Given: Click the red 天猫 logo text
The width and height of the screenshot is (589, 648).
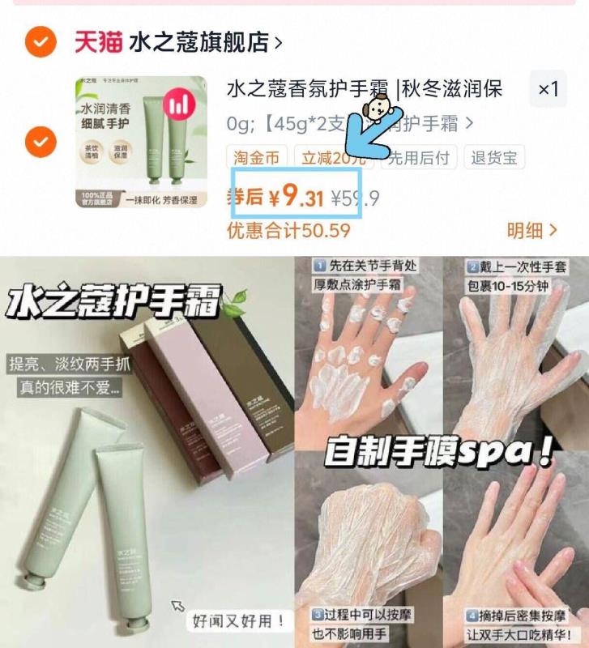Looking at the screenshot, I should [x=98, y=41].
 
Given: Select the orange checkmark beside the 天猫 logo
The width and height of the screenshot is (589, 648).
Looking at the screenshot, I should [x=40, y=41].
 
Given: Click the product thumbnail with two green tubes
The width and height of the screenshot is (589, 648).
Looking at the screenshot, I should [x=141, y=143].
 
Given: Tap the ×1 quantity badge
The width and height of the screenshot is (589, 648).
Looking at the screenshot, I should [x=548, y=89].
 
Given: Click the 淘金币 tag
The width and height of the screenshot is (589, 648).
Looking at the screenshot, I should [x=255, y=157].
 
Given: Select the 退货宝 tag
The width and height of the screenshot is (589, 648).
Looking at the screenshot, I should [x=495, y=157].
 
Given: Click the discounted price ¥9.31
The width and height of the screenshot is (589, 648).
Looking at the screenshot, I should [x=296, y=197].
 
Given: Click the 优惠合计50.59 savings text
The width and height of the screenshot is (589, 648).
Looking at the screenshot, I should [x=288, y=231].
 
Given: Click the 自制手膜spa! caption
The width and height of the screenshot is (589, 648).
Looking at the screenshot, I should [x=438, y=450].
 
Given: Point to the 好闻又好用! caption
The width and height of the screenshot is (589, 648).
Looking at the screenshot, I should [x=240, y=621].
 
